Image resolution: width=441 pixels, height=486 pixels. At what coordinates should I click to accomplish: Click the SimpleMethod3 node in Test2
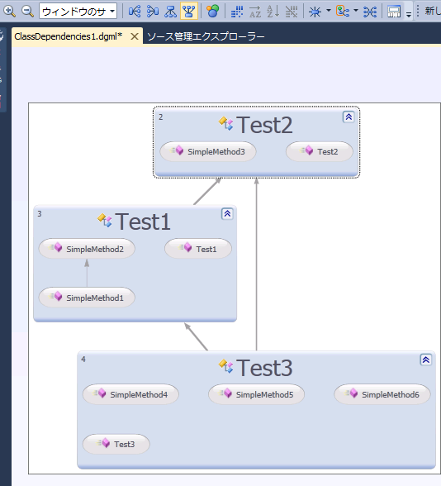(208, 151)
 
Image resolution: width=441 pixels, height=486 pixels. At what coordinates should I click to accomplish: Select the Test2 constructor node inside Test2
(320, 151)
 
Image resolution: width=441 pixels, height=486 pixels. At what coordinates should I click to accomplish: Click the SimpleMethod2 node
(87, 249)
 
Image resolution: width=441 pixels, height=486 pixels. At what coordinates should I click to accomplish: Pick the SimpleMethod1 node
(87, 298)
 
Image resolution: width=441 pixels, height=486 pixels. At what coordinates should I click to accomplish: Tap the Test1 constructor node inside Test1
(198, 249)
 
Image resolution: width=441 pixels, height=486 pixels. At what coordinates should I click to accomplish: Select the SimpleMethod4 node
(130, 394)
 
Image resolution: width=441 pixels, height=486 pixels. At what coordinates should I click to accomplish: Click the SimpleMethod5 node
(256, 394)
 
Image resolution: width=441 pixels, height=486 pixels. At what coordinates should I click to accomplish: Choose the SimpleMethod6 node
(382, 394)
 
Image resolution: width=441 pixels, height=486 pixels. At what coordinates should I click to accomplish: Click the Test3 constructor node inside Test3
(116, 444)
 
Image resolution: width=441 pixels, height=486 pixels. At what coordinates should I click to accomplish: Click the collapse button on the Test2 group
(349, 117)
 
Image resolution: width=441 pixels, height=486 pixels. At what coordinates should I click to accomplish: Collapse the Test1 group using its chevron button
(227, 214)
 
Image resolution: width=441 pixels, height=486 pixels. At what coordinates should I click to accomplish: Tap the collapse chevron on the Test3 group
(426, 360)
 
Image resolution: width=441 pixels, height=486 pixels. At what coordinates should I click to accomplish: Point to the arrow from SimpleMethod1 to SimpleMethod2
(87, 273)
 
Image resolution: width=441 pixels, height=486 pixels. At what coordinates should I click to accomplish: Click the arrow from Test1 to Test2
(207, 191)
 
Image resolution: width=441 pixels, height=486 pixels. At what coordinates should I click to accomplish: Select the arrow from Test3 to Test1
(196, 336)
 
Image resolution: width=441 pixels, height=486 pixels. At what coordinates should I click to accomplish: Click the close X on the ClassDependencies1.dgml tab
(135, 36)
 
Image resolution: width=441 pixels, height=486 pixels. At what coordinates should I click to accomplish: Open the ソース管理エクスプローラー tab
(206, 36)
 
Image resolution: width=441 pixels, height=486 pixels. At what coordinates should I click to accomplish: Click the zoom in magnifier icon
(9, 12)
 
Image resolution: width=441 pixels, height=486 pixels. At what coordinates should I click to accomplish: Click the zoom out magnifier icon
(27, 12)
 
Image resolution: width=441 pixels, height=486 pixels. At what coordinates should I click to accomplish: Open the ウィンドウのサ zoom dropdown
(78, 12)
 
